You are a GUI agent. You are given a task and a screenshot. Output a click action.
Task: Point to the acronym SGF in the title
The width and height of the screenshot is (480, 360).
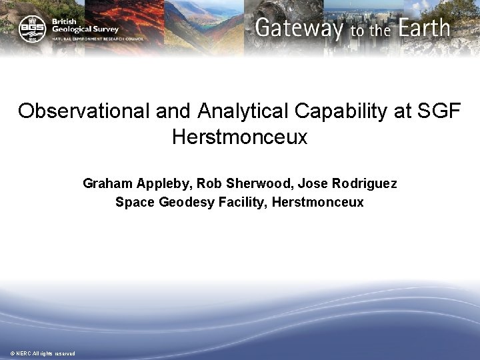pyautogui.click(x=440, y=111)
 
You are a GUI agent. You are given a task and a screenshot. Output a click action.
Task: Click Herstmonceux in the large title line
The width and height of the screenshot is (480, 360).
pyautogui.click(x=239, y=138)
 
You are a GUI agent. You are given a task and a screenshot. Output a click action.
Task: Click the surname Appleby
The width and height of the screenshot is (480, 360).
pyautogui.click(x=161, y=183)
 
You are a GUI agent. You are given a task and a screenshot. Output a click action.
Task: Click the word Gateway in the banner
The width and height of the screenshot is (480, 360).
pyautogui.click(x=299, y=29)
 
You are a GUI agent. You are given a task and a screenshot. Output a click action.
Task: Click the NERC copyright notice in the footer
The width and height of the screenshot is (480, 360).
pyautogui.click(x=42, y=353)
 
